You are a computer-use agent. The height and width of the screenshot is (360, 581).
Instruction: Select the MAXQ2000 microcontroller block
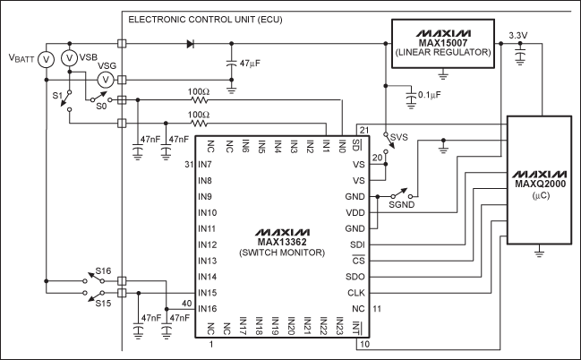539,183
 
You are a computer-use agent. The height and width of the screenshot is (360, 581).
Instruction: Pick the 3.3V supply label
518,36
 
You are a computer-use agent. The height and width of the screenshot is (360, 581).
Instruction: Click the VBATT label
24,58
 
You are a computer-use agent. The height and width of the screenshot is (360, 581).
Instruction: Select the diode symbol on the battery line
190,43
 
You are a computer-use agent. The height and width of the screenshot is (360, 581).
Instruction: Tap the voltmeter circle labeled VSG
104,80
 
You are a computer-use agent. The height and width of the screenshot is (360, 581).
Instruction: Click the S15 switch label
104,303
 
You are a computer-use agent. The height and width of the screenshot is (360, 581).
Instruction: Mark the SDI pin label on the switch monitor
358,244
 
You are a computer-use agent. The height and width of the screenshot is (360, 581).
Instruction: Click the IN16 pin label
208,308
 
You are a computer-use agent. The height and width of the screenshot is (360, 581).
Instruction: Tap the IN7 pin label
204,165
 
